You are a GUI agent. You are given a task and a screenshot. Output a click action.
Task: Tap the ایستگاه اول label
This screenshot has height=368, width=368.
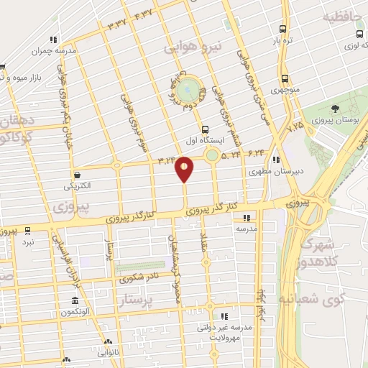[206, 142]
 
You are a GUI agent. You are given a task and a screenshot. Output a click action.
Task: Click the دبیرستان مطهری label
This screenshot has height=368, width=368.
[267, 172]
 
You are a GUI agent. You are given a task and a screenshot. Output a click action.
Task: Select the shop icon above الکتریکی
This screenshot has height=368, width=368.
[77, 174]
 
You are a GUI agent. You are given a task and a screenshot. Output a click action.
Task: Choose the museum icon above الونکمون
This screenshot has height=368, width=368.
[75, 300]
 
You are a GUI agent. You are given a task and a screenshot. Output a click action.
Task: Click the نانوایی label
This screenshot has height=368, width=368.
[105, 354]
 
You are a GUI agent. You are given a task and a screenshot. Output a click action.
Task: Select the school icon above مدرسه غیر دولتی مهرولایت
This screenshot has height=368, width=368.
[224, 316]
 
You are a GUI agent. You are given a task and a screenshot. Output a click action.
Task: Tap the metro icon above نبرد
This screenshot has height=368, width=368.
[28, 231]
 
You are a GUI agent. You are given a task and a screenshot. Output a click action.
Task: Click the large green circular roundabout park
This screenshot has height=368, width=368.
[189, 89]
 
